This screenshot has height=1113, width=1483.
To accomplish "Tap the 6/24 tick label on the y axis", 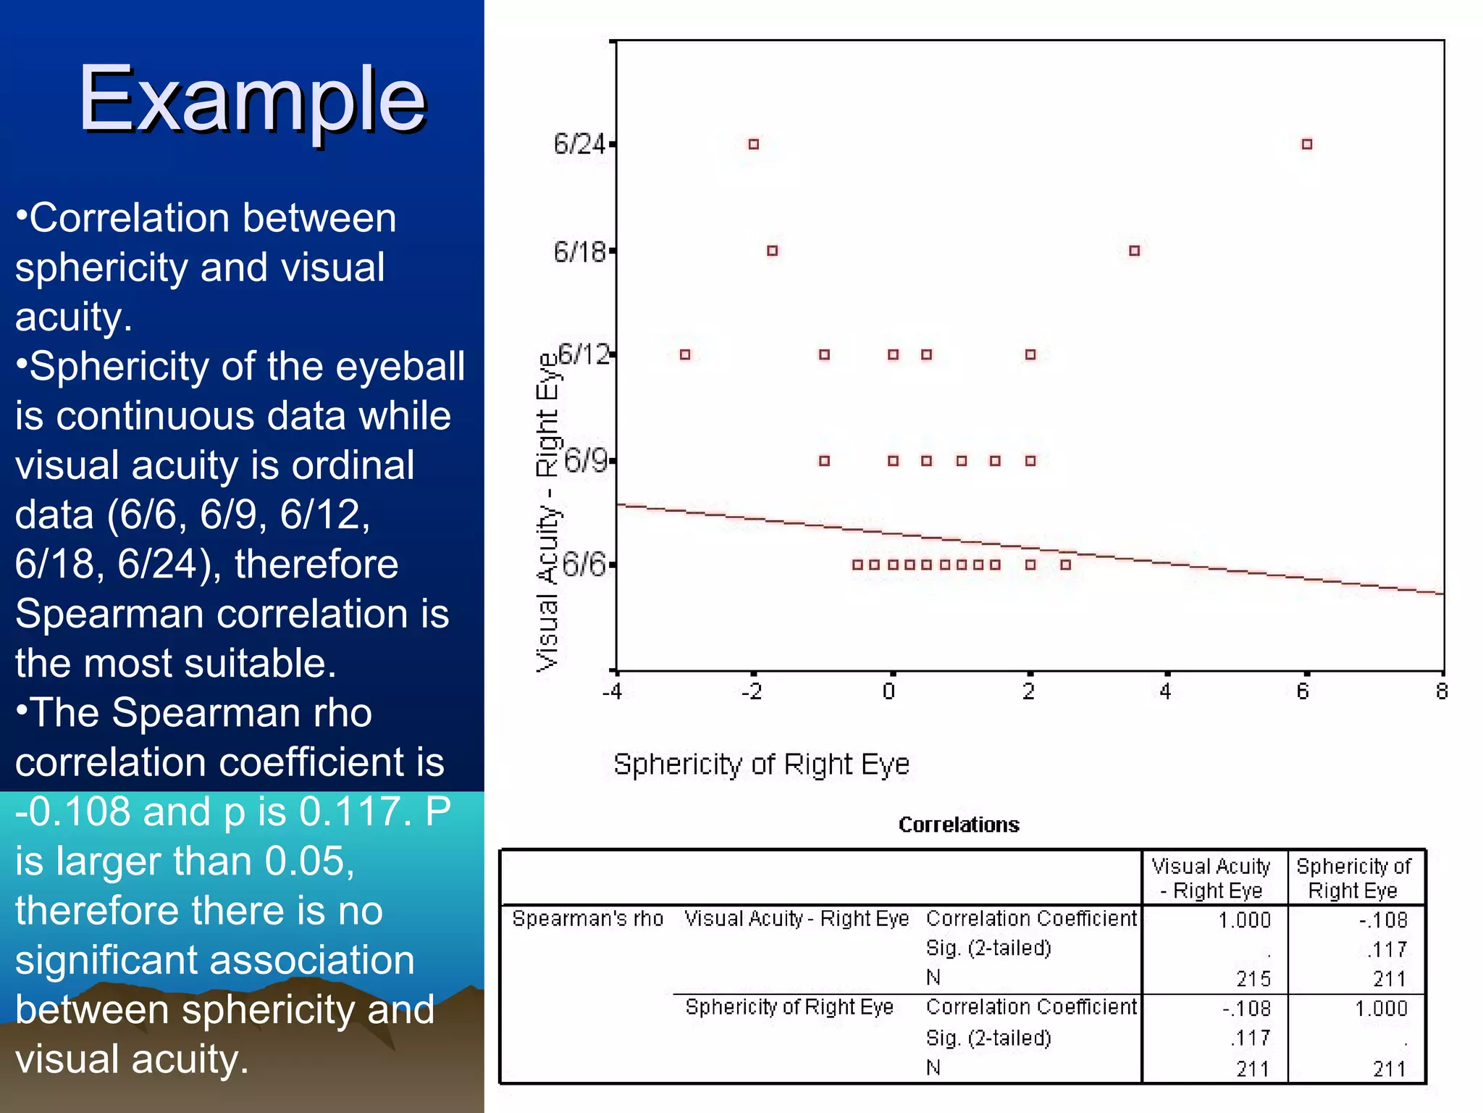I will (x=579, y=144).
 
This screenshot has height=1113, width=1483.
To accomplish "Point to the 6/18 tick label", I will (x=579, y=251).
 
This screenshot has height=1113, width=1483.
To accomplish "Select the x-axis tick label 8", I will (x=1441, y=692).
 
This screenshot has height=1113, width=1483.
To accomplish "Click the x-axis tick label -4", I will (x=612, y=692).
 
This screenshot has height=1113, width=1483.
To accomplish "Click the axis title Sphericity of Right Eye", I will (x=760, y=764).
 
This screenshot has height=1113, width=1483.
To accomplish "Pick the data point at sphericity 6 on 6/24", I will (x=1306, y=144).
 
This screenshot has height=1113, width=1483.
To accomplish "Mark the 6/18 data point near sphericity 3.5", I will (x=1134, y=251).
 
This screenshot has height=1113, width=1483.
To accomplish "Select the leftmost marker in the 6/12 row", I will (x=685, y=354).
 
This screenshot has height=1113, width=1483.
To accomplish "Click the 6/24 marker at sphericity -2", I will (x=753, y=144).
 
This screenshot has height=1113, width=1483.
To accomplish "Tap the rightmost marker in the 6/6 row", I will (x=1065, y=564).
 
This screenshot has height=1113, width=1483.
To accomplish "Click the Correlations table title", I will (x=958, y=825).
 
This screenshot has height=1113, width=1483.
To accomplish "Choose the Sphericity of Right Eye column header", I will (x=1353, y=878).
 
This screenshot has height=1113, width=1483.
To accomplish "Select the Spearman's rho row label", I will (x=587, y=919).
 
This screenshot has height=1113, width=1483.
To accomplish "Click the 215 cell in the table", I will (x=1253, y=979).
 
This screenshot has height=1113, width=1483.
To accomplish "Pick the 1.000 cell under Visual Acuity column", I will (x=1244, y=920).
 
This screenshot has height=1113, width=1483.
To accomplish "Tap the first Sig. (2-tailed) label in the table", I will (x=988, y=948).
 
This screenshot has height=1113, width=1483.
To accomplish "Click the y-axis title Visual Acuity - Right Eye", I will (x=547, y=512).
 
